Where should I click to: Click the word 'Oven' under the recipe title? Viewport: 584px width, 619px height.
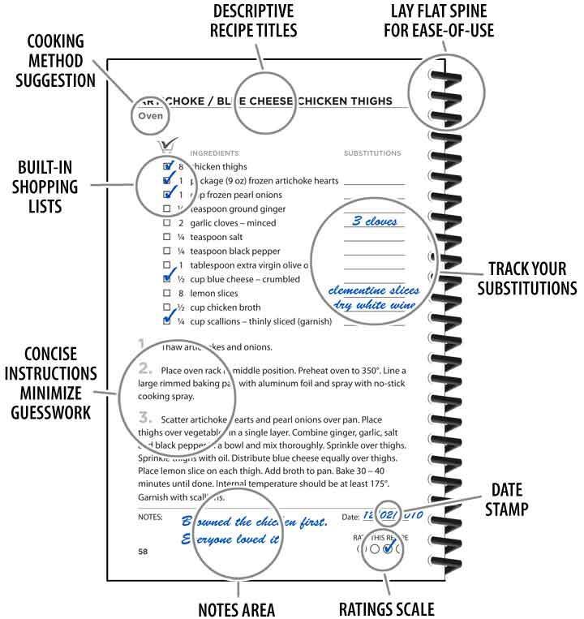[x=152, y=116]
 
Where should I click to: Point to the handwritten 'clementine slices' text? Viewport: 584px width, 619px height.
[x=373, y=290]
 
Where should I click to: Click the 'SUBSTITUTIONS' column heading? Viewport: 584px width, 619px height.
[x=372, y=153]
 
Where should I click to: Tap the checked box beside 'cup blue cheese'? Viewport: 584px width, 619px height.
[x=167, y=278]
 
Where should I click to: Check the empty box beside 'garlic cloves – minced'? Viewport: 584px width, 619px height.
[x=167, y=223]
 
